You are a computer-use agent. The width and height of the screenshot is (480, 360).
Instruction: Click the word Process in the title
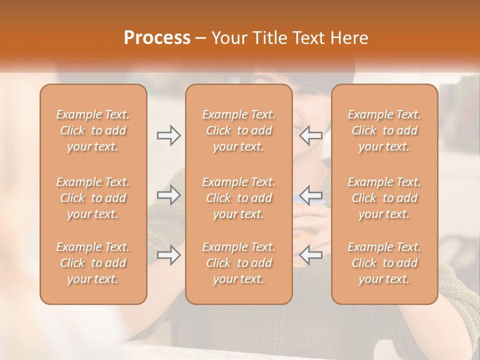(157, 37)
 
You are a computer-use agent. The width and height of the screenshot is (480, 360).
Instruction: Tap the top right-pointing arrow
(168, 135)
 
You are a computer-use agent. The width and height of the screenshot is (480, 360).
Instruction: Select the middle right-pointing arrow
(168, 195)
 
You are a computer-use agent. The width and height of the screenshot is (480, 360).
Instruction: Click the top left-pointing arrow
(310, 135)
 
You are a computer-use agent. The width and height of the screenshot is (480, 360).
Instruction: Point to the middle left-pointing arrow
(310, 195)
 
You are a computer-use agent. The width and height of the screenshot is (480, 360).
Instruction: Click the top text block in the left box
(93, 130)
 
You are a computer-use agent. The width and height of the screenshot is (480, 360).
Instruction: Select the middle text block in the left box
(93, 198)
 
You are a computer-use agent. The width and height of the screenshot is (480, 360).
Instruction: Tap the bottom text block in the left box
(93, 263)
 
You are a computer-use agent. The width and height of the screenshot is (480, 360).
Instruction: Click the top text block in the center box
(238, 130)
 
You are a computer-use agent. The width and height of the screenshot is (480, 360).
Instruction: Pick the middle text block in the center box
(238, 198)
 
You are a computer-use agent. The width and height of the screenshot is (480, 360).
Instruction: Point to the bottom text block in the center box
(238, 263)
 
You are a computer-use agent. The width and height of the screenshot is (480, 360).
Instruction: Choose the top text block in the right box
(384, 130)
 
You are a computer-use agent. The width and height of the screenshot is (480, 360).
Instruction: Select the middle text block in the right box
(384, 198)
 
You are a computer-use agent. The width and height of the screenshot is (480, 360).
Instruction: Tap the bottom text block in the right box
(384, 263)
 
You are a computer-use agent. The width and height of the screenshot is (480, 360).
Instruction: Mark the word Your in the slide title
(227, 38)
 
